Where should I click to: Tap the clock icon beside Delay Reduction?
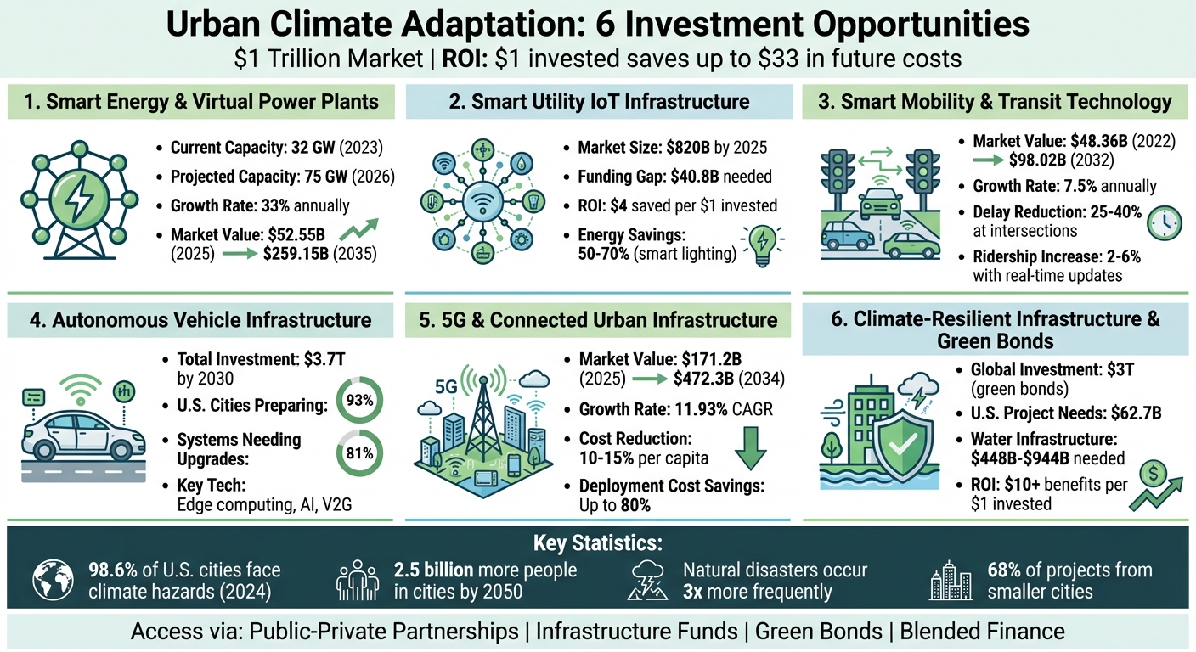pos(1163,222)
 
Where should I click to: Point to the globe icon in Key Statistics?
pos(53,581)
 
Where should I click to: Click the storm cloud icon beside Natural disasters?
pos(646,582)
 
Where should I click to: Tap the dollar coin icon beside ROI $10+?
pos(1154,474)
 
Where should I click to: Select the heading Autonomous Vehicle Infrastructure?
pos(200,320)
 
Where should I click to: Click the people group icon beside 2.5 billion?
pos(358,582)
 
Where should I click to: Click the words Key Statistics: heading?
pos(597,542)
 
